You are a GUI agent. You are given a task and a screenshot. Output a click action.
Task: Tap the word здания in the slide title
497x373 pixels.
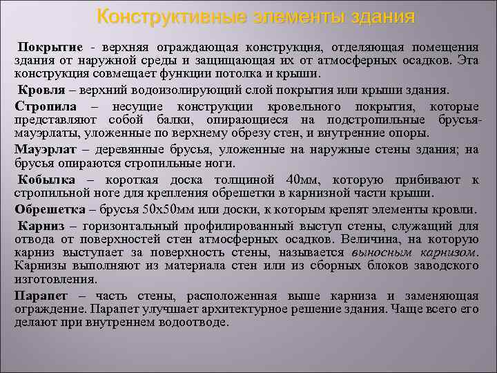[x=378, y=16]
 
